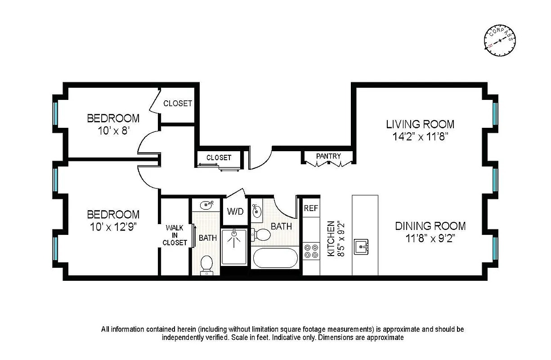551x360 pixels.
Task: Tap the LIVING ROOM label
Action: coord(420,124)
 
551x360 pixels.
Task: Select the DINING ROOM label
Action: coord(430,226)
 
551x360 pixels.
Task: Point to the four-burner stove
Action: coord(310,251)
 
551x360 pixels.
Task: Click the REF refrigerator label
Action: coord(311,208)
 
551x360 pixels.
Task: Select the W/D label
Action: coord(235,211)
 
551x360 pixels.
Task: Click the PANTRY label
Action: coord(328,156)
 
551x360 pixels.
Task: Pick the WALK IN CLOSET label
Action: coord(175,235)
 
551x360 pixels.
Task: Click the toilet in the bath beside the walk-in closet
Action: coord(207,264)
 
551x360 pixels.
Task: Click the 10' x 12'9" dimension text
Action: coord(113,226)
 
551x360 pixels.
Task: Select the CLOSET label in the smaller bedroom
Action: coord(178,103)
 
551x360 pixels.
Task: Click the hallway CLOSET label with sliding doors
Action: coord(219,157)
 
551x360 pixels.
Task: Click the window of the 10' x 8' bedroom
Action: coord(56,114)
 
